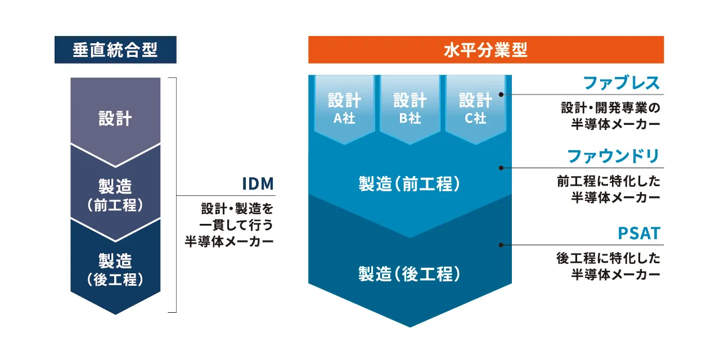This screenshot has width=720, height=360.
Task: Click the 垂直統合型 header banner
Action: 115,50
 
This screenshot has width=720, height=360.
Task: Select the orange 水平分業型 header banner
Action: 485,50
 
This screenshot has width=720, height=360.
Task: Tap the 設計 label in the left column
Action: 115,119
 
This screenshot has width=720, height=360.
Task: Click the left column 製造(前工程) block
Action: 115,194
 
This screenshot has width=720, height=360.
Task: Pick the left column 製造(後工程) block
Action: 115,269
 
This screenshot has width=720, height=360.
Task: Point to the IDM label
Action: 257,184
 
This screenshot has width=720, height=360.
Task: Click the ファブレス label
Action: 621,83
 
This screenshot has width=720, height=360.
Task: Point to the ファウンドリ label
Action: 613,156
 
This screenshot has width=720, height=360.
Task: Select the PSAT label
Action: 638,233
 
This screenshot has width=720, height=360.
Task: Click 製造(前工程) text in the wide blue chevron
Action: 410,184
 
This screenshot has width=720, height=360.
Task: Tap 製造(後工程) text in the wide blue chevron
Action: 410,274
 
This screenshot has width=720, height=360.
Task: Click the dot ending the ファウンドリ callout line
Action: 502,168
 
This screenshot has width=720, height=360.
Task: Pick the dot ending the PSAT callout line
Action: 502,245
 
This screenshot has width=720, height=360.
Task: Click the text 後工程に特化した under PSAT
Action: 609,259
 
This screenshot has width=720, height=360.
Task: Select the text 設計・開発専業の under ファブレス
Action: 610,107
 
